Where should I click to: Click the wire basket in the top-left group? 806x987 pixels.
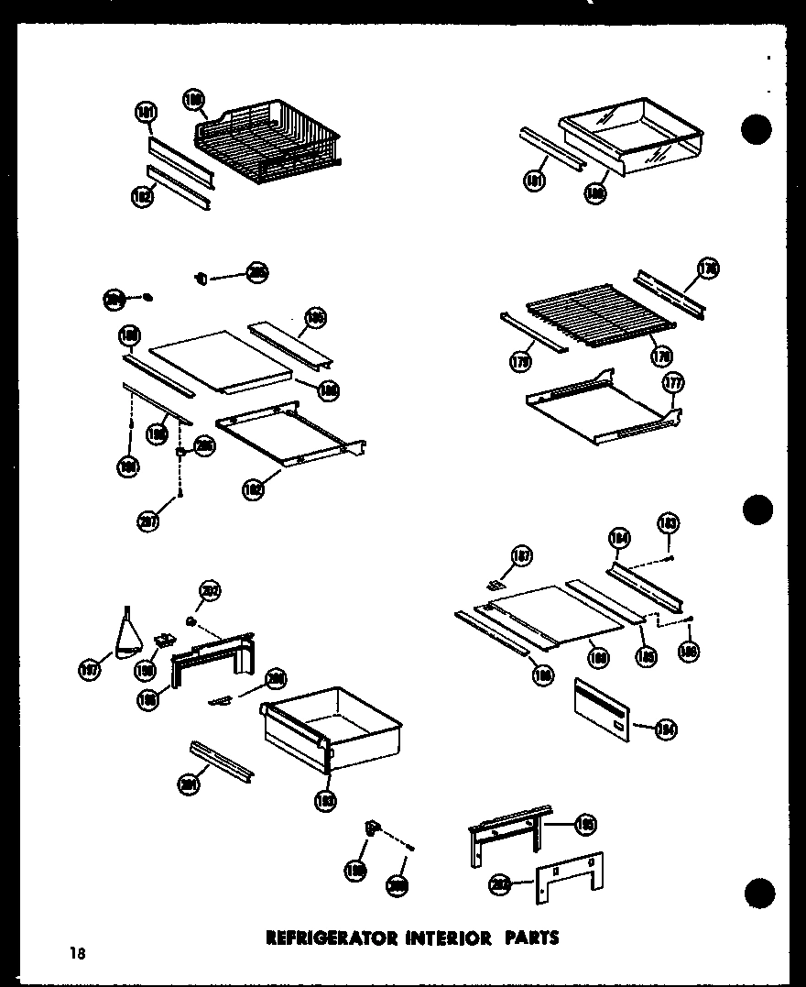[266, 142]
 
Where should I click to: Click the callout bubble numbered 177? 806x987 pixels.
[674, 383]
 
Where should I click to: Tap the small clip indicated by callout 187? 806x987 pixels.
[497, 583]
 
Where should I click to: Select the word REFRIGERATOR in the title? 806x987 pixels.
[319, 938]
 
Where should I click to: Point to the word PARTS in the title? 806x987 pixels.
[529, 938]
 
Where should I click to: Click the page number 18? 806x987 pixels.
[76, 954]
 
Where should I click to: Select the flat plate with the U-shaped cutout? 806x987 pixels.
[569, 876]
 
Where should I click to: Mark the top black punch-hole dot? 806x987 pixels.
[757, 130]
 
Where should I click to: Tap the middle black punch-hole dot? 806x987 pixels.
[757, 510]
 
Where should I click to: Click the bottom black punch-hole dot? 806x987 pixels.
[760, 891]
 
